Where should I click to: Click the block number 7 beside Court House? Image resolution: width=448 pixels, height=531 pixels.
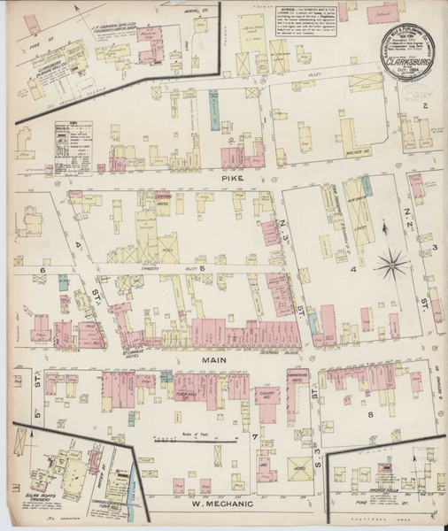pos(253,436)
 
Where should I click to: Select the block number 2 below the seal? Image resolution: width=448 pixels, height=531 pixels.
pos(425,107)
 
